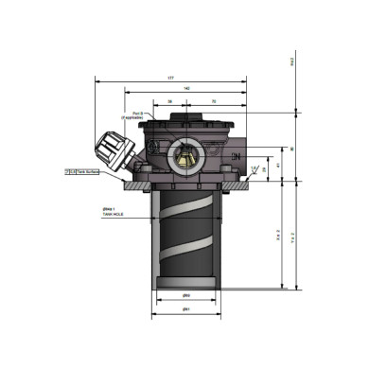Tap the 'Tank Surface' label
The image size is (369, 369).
coord(87,171)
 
